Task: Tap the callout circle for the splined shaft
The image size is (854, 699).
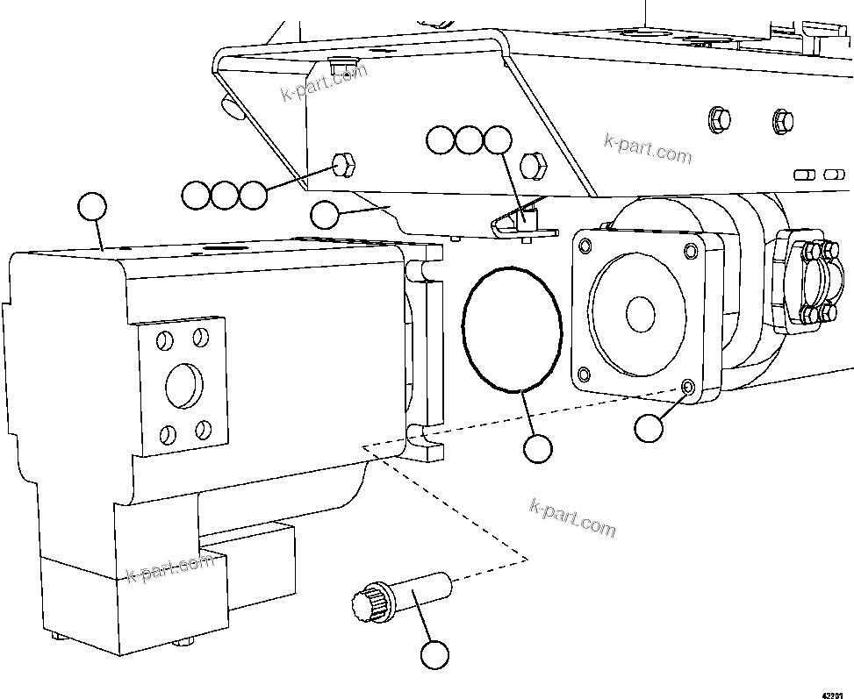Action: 434,654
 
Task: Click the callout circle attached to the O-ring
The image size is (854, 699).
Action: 537,449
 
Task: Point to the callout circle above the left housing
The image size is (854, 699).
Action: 92,207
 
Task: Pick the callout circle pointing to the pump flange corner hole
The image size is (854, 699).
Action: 649,428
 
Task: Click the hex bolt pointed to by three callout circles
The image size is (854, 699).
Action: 343,163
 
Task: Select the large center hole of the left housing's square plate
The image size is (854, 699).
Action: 183,382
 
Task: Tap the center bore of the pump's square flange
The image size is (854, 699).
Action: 639,313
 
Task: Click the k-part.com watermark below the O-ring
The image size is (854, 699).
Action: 573,517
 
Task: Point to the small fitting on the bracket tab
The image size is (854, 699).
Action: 527,218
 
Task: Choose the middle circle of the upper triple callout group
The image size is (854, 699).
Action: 469,140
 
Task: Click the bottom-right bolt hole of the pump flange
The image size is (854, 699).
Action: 686,387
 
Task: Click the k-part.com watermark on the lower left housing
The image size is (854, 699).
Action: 170,567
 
